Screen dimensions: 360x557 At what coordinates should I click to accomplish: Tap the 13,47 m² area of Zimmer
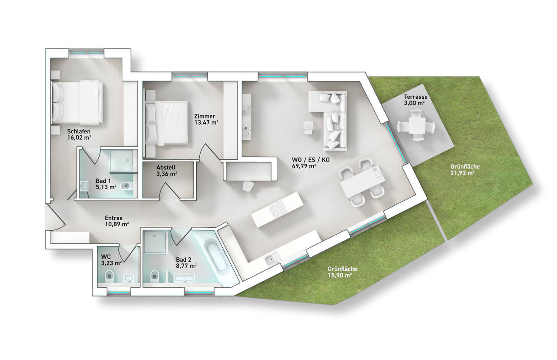(x=206, y=122)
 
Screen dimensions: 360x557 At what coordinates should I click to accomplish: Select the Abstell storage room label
(x=167, y=168)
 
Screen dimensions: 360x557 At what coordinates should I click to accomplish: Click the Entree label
(x=114, y=218)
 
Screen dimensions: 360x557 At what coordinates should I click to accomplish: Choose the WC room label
(x=106, y=257)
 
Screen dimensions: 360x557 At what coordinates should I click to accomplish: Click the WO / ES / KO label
(x=311, y=160)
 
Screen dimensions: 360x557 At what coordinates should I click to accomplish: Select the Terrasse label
(x=414, y=97)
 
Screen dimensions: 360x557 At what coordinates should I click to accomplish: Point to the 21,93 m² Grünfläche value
(x=462, y=173)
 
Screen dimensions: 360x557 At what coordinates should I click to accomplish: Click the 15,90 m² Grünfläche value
(x=339, y=276)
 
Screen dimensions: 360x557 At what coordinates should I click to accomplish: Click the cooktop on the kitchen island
(x=278, y=210)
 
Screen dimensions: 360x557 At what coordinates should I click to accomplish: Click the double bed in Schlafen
(x=77, y=102)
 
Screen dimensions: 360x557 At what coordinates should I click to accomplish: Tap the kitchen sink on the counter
(x=271, y=259)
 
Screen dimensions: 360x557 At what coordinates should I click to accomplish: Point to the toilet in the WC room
(x=109, y=275)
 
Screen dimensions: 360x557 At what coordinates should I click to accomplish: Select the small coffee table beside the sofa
(x=309, y=126)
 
